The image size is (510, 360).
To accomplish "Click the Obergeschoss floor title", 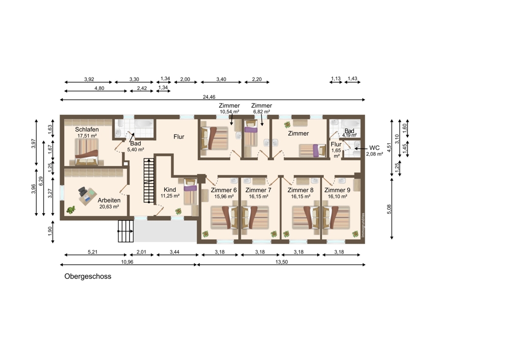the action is [88, 276].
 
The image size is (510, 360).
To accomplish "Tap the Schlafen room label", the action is [87, 130].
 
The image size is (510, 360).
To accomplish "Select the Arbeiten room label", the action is [109, 200].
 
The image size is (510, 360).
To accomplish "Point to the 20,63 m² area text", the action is [109, 207].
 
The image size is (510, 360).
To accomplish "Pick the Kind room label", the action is [170, 190].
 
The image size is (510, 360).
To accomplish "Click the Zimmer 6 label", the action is [224, 190].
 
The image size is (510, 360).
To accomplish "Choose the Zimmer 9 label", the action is [337, 190].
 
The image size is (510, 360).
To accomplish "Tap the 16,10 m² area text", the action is [337, 196].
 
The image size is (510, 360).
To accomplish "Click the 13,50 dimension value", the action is [282, 262].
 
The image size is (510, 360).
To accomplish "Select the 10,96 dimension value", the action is [127, 262].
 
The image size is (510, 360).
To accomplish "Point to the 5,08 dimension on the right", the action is [389, 209].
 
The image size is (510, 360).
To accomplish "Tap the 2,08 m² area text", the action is [374, 154].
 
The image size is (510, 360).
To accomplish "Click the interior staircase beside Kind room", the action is [149, 181].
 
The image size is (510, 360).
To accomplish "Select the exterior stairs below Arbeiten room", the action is [126, 231].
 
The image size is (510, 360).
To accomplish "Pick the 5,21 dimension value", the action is [93, 252].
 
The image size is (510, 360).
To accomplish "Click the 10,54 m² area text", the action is [229, 112].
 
